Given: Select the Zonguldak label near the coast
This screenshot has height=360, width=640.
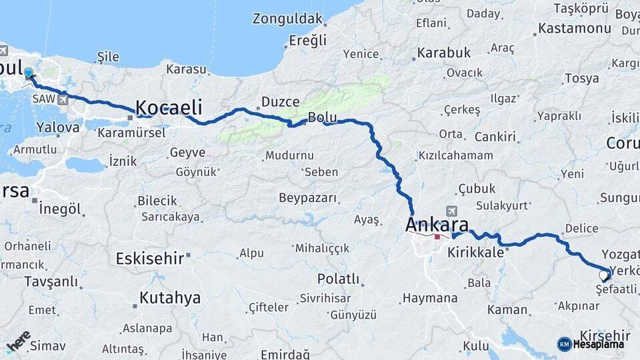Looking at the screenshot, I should [287, 19].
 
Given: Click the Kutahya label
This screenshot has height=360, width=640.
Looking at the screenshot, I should [169, 298].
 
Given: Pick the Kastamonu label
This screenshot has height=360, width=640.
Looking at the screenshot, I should [574, 29].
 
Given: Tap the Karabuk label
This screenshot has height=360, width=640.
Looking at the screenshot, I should [443, 53].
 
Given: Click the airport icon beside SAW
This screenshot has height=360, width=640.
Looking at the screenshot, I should [63, 100].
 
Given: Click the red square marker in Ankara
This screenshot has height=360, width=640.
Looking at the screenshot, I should [437, 237].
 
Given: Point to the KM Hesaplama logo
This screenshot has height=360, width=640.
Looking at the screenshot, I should [591, 344].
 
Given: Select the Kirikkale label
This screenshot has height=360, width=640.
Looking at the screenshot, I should [475, 253].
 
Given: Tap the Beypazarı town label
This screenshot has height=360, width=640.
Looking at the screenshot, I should [307, 199].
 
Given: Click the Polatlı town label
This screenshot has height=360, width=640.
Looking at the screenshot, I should [338, 279].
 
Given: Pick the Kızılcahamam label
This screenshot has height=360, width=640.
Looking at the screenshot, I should [455, 155].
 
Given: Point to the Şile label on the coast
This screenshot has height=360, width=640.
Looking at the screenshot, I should [108, 57].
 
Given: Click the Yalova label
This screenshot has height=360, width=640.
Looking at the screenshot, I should [59, 127].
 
